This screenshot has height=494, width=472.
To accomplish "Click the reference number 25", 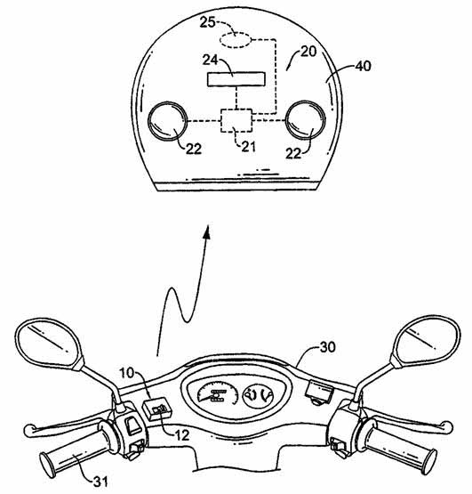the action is (208, 22).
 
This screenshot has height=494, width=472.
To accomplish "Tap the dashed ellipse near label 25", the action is (236, 40).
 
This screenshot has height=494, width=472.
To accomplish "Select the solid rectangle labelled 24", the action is (236, 78).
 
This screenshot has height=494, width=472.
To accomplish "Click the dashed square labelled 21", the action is (236, 120).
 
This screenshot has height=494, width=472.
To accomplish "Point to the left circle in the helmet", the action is (168, 120).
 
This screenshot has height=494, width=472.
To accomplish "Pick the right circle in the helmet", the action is (305, 120).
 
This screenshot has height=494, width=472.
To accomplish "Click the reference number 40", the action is (363, 66).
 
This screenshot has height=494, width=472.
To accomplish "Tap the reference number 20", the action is (308, 52).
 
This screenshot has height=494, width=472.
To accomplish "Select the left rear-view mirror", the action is (50, 344).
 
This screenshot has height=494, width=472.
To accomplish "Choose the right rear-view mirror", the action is (425, 341).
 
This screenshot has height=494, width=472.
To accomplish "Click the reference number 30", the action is (328, 347).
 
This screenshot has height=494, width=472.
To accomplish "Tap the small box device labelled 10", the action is (156, 409).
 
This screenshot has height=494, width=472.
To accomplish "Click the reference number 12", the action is (182, 435).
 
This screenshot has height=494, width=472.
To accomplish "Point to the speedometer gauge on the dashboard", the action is (218, 394).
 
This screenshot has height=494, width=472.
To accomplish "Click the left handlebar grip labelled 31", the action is (75, 450).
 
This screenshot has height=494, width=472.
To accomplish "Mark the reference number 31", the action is (100, 481).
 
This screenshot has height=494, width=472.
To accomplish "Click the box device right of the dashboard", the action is (319, 392).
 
